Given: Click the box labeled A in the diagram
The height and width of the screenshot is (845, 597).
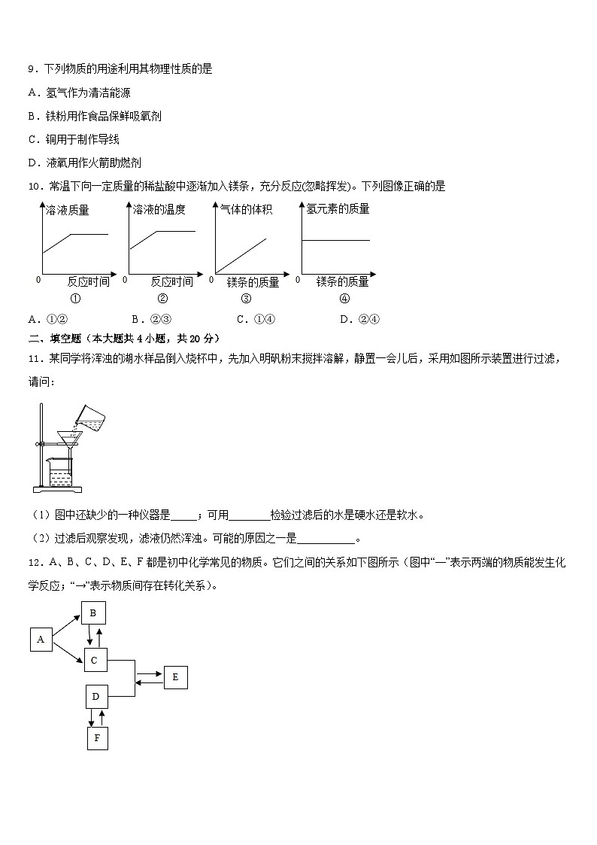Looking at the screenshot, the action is click(41, 640).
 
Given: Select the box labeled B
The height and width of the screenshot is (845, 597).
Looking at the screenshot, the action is click(93, 613).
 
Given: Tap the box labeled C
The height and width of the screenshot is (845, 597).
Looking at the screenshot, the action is click(95, 661).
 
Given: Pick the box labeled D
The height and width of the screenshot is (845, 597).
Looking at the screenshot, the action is click(95, 697).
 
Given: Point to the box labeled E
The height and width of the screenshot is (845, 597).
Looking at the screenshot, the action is click(175, 677).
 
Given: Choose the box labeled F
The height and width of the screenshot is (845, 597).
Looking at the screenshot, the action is click(97, 738).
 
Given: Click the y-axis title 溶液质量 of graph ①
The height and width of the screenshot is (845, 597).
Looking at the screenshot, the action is click(68, 211).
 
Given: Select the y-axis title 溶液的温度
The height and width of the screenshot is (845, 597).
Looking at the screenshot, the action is click(159, 210).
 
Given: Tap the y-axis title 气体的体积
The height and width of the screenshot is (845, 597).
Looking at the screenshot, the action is click(246, 210).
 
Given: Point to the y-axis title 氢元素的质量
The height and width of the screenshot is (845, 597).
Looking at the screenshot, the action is click(338, 209).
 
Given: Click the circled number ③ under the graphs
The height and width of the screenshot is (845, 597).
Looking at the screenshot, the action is click(245, 298).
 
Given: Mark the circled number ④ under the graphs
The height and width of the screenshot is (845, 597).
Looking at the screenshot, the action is click(344, 298).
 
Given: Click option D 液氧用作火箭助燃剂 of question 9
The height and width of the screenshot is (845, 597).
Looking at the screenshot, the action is click(84, 163).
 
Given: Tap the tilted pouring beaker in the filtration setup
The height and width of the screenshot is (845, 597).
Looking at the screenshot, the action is click(89, 416).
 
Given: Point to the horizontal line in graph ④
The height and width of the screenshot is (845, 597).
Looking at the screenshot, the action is click(335, 240).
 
